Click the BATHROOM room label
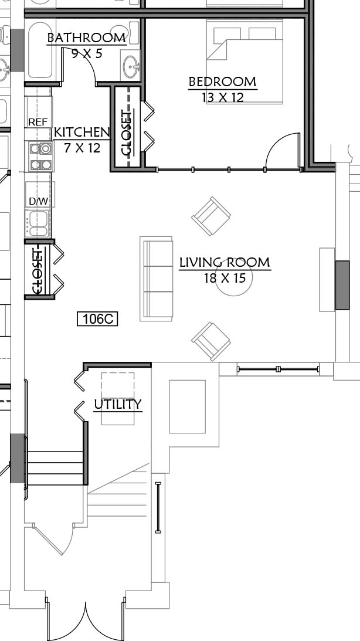click(x=86, y=38)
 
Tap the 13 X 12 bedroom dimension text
click(x=223, y=97)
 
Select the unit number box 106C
click(x=97, y=318)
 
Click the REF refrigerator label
click(x=38, y=122)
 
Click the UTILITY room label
click(x=118, y=404)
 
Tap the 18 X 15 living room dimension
click(x=225, y=278)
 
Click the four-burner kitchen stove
click(x=41, y=156)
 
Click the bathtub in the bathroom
click(x=40, y=49)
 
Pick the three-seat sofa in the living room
click(x=156, y=279)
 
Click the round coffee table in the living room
click(x=234, y=277)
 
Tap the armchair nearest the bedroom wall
click(x=211, y=216)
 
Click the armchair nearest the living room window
click(x=211, y=341)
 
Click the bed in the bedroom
click(x=244, y=62)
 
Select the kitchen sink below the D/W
click(x=38, y=223)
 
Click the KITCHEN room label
click(x=82, y=133)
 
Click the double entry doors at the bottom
click(x=86, y=619)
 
